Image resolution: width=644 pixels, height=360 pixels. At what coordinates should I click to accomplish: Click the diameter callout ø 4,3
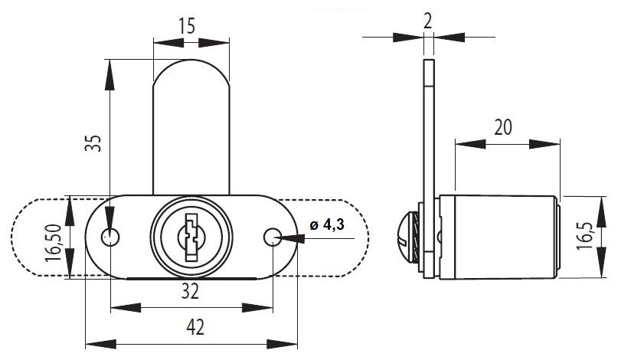327,225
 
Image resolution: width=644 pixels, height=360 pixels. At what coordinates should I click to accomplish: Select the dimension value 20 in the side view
503,126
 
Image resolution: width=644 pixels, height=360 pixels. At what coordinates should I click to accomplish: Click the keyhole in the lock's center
188,234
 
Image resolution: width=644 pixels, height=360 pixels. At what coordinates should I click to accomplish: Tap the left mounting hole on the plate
112,237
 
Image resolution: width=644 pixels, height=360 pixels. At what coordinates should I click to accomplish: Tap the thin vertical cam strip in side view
428,130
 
